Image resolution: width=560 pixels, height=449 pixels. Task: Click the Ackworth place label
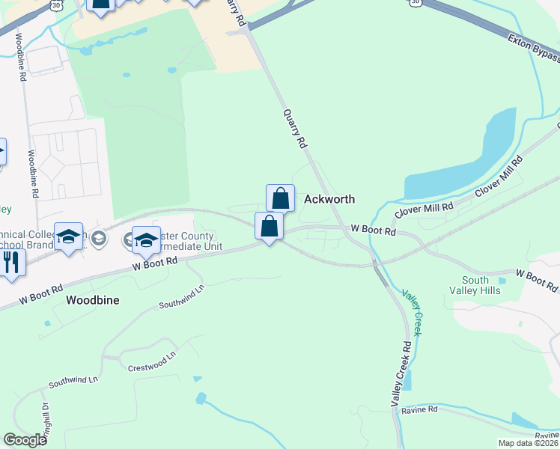click(x=329, y=200)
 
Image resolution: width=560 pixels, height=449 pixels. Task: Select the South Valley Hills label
click(x=475, y=285)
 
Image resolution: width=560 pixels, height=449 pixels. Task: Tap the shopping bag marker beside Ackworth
click(x=280, y=199)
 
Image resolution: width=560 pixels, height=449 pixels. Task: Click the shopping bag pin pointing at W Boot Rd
click(x=269, y=226)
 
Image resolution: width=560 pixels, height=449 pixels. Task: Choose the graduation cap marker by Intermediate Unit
click(x=146, y=240)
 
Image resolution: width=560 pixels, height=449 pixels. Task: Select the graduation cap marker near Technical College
click(x=69, y=238)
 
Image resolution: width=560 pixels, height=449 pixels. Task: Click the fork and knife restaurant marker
click(x=10, y=262)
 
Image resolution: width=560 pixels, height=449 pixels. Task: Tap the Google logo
click(x=25, y=440)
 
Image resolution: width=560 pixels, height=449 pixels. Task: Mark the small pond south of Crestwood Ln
click(x=199, y=398)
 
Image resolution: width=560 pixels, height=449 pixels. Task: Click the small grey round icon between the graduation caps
click(x=102, y=238)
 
